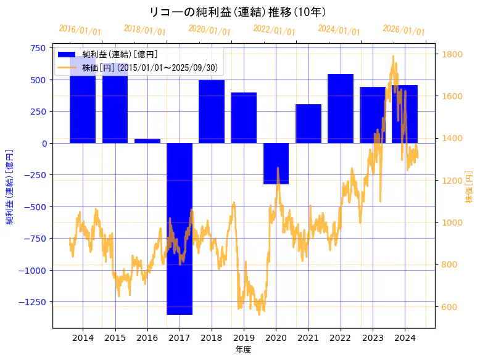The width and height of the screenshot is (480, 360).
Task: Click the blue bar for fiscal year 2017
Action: coord(180,229)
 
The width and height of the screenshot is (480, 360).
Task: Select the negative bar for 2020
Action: coord(276,163)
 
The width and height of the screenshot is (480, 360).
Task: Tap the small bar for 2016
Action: coord(147,141)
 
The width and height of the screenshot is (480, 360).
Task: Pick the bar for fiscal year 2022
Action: coord(341,108)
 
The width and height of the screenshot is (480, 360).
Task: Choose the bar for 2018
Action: coord(212,112)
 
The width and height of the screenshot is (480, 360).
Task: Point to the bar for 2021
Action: coord(308,123)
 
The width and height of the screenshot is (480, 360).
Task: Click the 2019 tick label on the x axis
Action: coord(244,338)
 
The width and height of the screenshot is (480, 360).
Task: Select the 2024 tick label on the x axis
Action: coord(405,338)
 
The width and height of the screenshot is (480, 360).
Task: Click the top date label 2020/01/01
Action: coord(209,30)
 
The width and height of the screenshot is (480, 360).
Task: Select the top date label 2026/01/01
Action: coord(403,30)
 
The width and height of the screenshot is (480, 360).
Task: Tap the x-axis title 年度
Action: coord(244,350)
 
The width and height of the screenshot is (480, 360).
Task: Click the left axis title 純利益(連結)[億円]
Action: coord(10,186)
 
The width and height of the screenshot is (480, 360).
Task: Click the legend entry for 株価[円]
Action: coord(150,68)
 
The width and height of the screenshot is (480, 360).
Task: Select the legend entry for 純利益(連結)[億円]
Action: coord(120,55)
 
